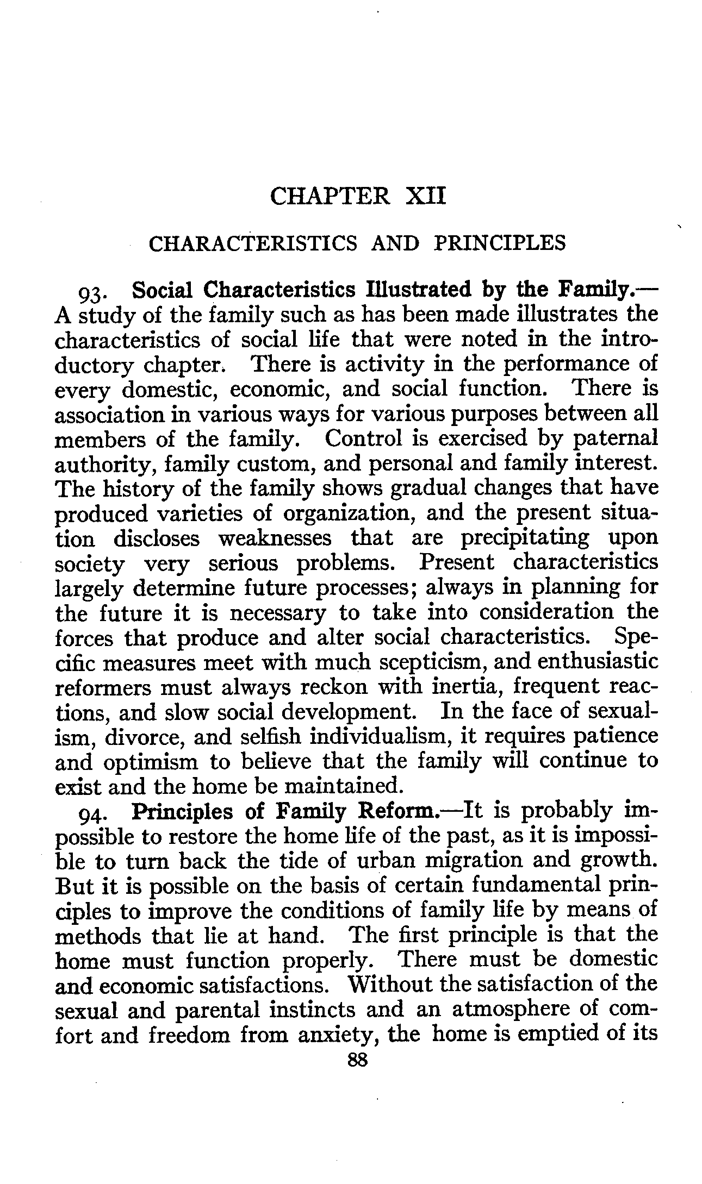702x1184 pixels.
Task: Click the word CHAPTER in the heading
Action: click(330, 196)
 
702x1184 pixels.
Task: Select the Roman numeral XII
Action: click(426, 196)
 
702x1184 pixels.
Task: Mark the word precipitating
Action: click(525, 538)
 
